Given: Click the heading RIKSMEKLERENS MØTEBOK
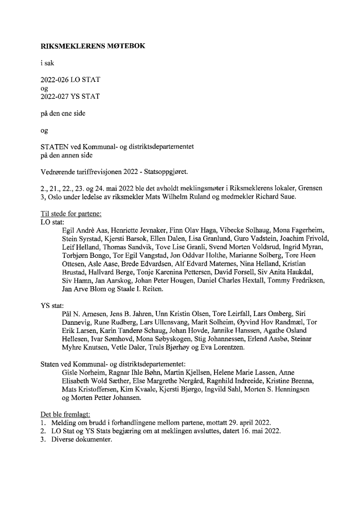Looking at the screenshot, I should pos(93,45).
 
